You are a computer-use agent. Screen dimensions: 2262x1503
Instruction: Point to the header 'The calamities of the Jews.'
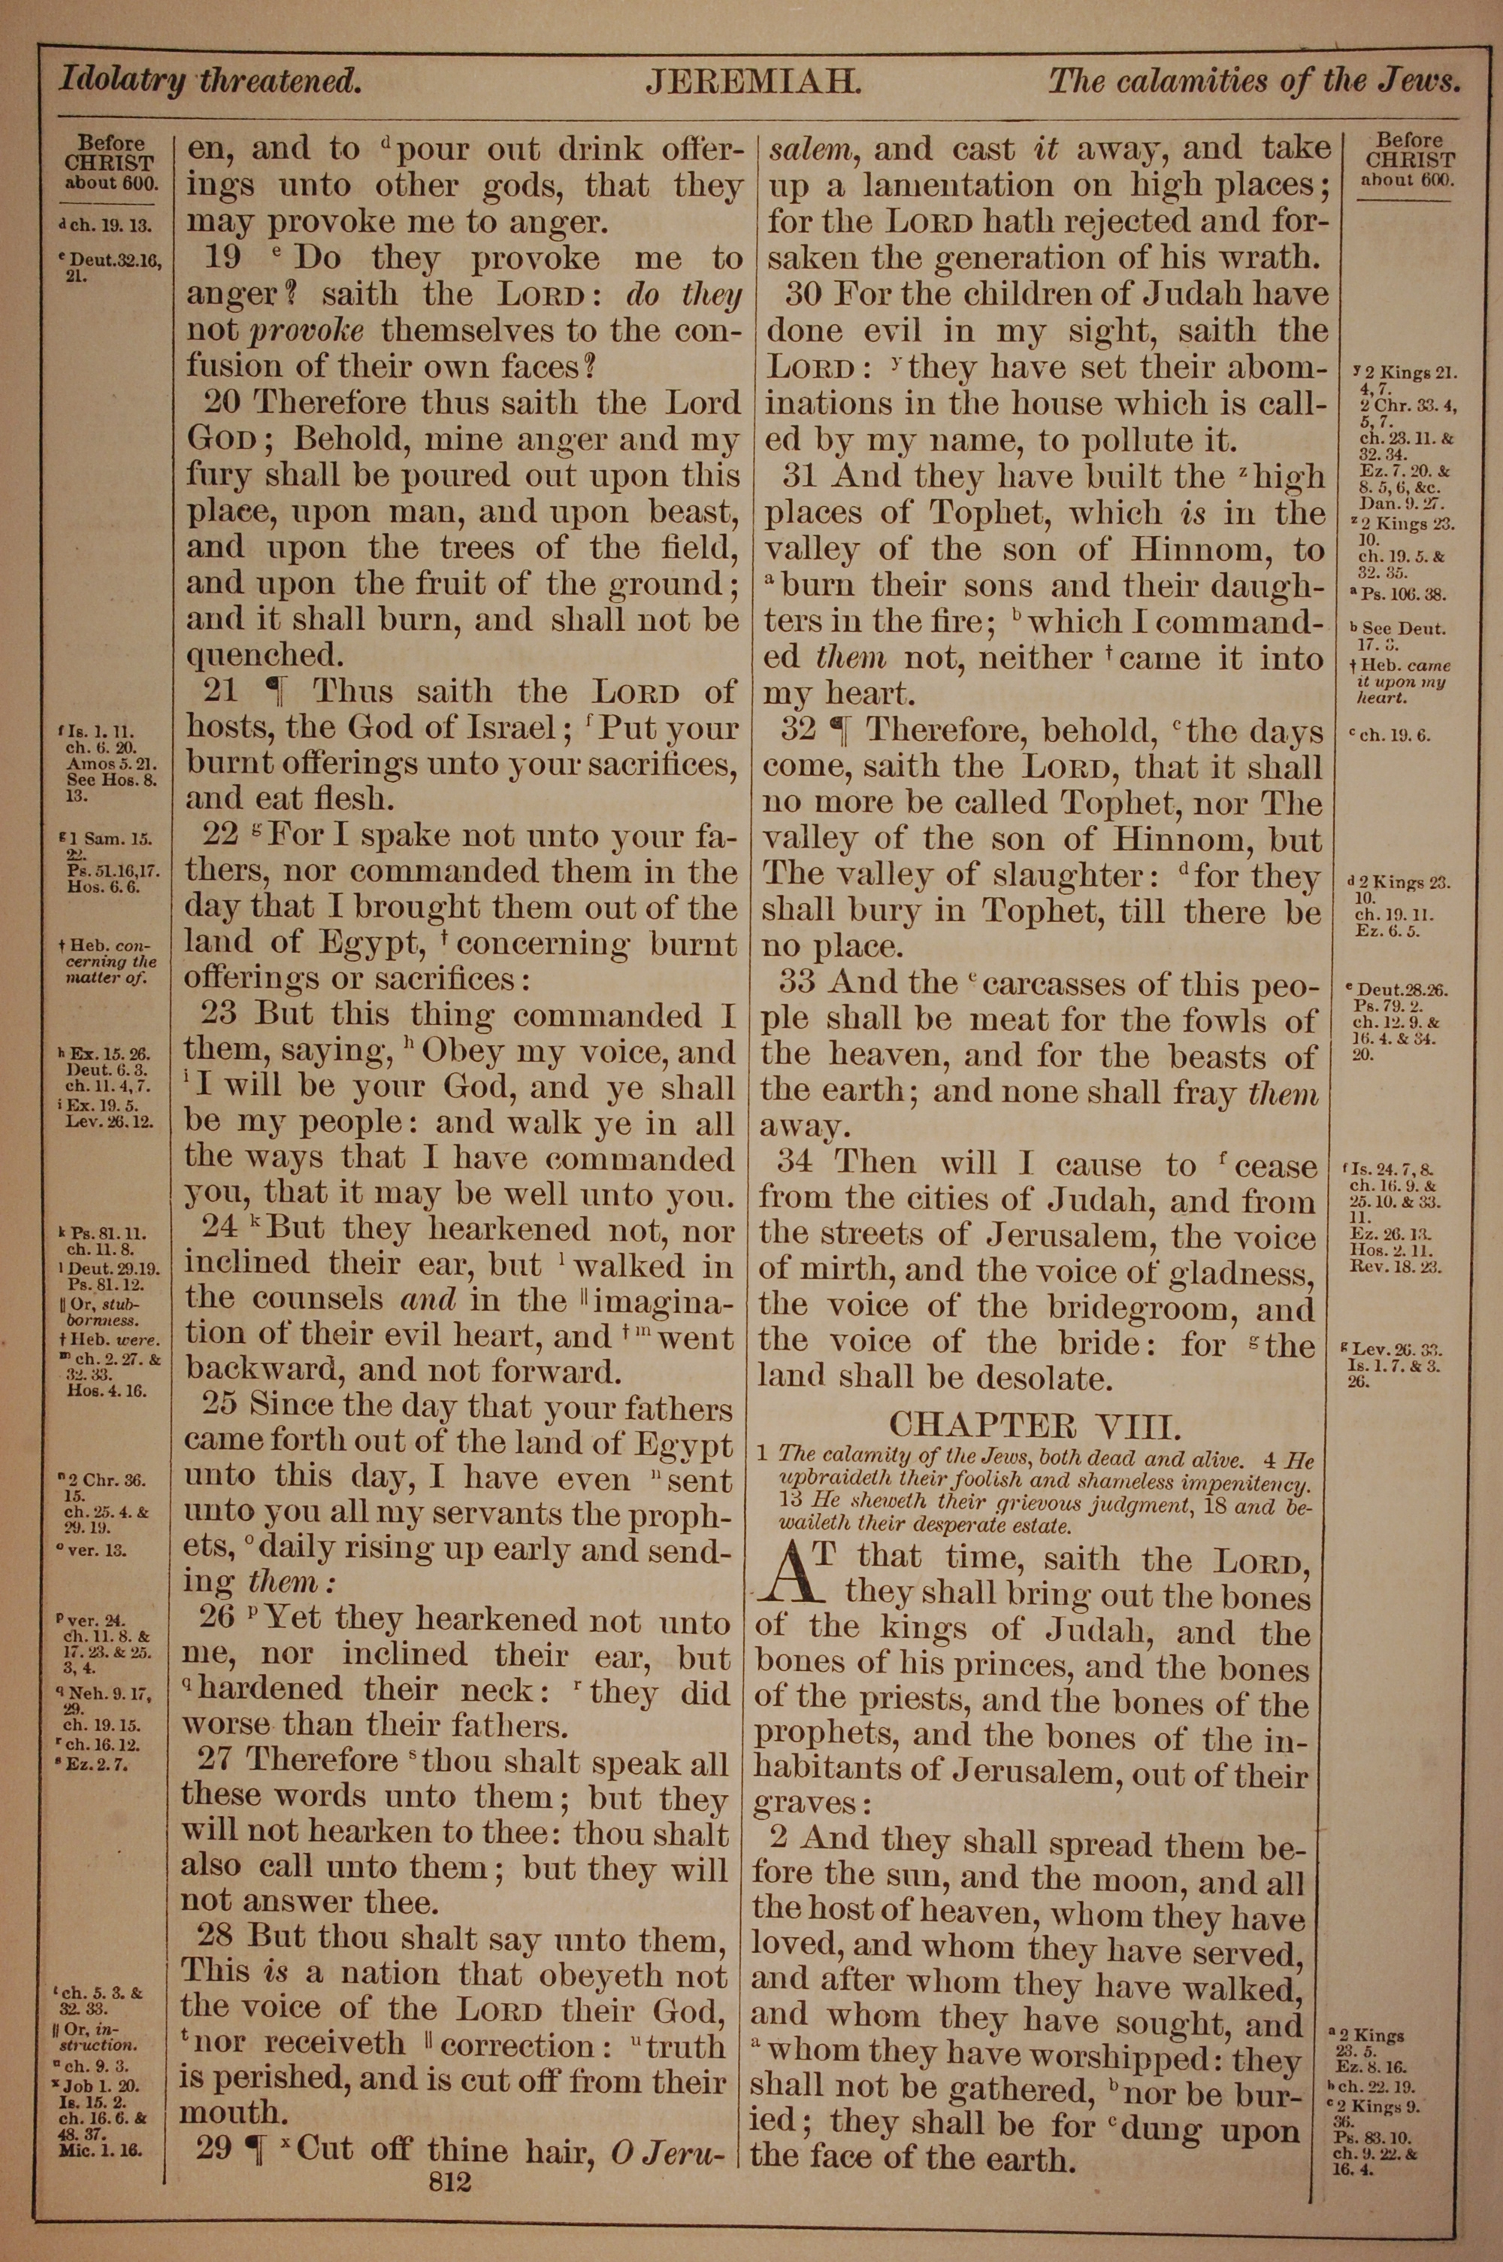point(1254,80)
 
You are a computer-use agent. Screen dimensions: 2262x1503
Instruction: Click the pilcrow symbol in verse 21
point(277,693)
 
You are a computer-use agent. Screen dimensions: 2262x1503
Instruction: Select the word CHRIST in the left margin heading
point(109,164)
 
